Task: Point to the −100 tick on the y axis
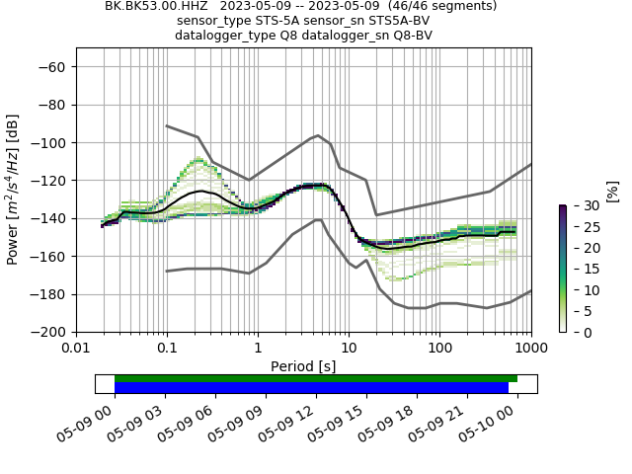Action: pos(50,142)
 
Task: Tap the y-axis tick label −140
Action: pos(50,218)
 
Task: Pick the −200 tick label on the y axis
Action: pos(50,332)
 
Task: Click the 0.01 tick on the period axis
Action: pos(76,348)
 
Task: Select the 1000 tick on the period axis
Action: pos(530,348)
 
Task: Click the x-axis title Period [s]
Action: pos(303,365)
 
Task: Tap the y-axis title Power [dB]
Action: pos(13,190)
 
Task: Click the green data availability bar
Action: pos(316,378)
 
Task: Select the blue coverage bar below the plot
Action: pos(311,388)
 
